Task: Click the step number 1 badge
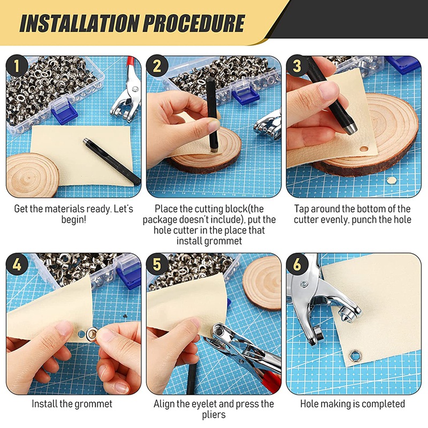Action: (17, 66)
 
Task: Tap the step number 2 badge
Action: (157, 66)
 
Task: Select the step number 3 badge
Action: (297, 66)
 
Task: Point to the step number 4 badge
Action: (17, 264)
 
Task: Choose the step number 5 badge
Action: (157, 264)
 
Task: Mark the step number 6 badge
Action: (297, 264)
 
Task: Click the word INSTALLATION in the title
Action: (79, 24)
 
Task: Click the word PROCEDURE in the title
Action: (194, 24)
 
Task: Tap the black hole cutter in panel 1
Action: (112, 162)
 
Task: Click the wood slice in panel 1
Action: (32, 175)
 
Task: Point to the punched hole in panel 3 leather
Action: (364, 149)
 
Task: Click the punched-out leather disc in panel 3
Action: (392, 180)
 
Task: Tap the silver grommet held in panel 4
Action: (91, 334)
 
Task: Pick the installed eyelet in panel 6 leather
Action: (355, 356)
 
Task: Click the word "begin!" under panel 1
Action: (74, 220)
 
